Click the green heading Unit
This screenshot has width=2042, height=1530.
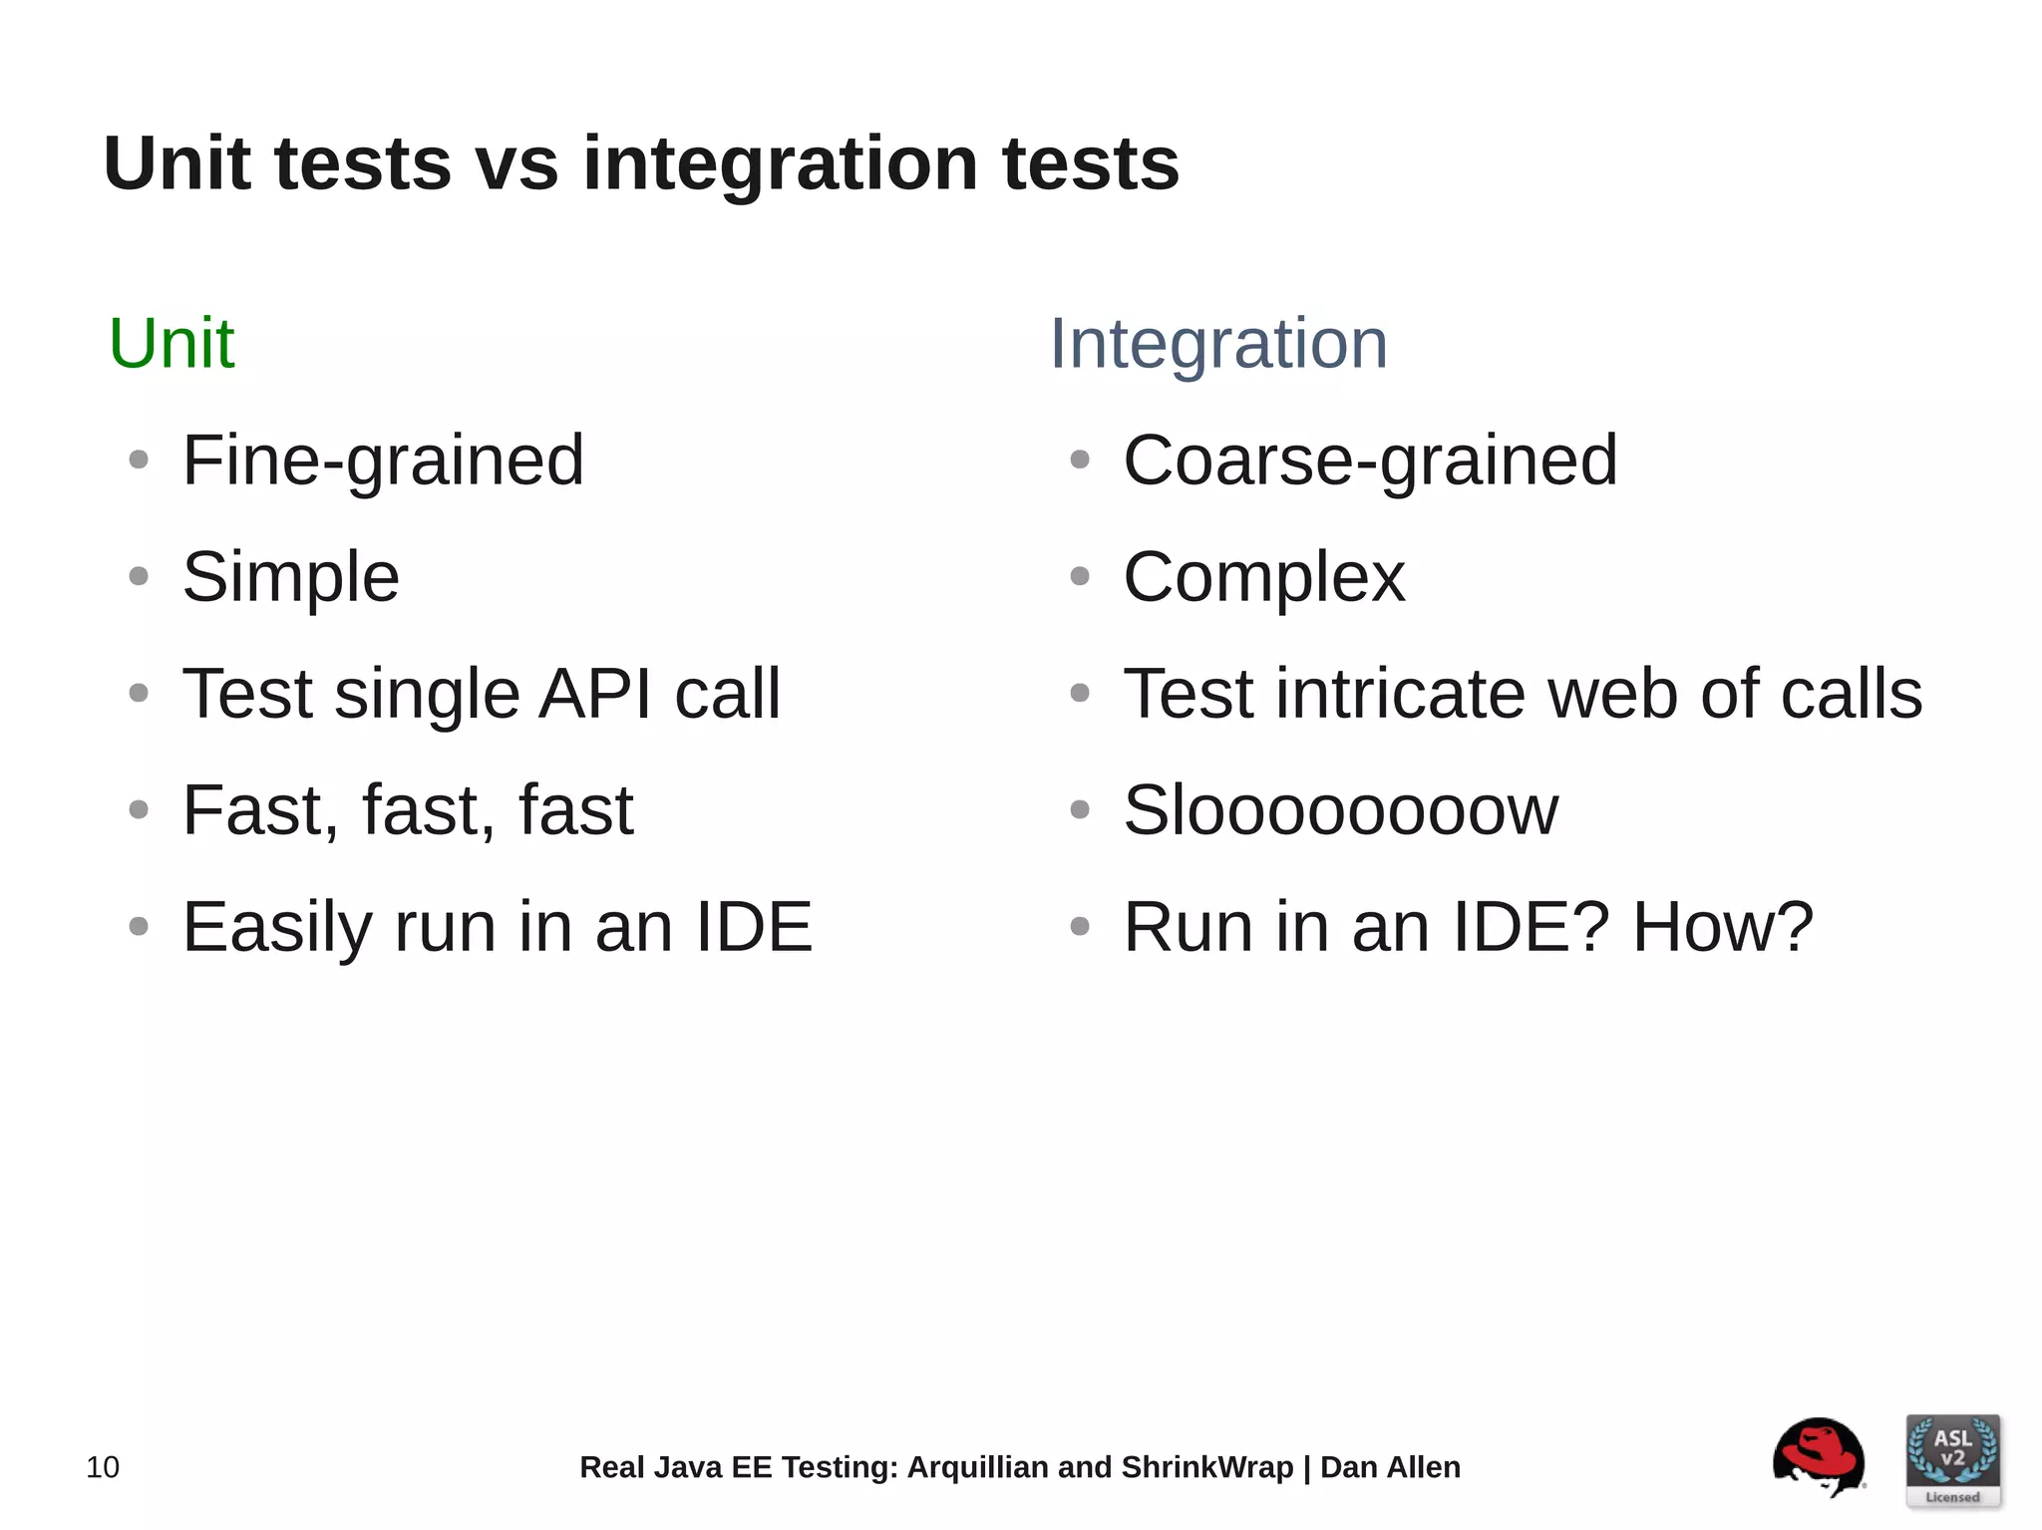tap(171, 344)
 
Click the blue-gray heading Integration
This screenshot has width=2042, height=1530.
tap(1217, 344)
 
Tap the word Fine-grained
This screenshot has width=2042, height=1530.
tap(383, 461)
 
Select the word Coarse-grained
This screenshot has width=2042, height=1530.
tap(1370, 461)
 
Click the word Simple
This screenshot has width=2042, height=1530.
tap(290, 578)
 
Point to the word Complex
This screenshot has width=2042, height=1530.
tap(1263, 578)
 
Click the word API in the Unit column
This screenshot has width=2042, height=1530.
tap(595, 694)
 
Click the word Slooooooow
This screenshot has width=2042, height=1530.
tap(1340, 810)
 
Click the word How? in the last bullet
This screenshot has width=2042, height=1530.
tap(1722, 927)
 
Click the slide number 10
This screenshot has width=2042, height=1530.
tap(103, 1467)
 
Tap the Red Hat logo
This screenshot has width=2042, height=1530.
tap(1818, 1457)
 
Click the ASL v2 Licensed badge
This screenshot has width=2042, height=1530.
tap(1952, 1460)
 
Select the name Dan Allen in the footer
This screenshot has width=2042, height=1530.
tap(1390, 1467)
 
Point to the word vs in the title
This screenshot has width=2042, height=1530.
tap(516, 164)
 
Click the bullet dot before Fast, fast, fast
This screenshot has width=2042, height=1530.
tap(139, 810)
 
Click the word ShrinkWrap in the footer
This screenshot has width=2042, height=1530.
tap(1206, 1467)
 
